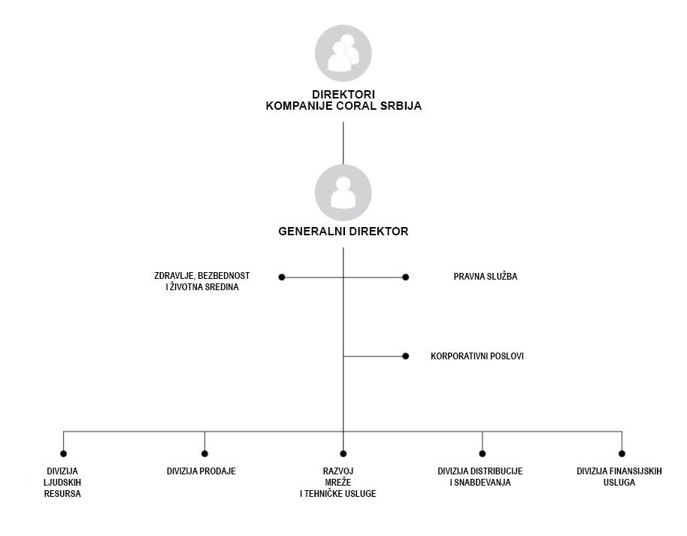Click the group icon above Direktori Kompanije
coord(343,53)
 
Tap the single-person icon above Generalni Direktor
coord(343,193)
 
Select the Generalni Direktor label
coord(343,232)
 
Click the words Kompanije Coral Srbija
coord(343,106)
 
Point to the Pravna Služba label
coord(486,277)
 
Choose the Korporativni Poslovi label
coord(477,356)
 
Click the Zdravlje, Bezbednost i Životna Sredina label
coord(202,281)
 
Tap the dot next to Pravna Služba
coord(405,277)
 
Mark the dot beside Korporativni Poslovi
coord(405,356)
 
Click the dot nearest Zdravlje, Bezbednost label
coord(282,277)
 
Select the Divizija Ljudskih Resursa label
coord(62,482)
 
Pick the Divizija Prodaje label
coord(201,471)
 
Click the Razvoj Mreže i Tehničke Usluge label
coord(337,482)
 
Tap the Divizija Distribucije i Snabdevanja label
coord(480,477)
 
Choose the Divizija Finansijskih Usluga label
coord(619,477)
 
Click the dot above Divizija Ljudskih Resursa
coord(64,453)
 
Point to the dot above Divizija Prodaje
coord(204,453)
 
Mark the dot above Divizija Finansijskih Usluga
coord(622,453)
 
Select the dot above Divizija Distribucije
coord(483,453)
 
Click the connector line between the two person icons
coord(343,144)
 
